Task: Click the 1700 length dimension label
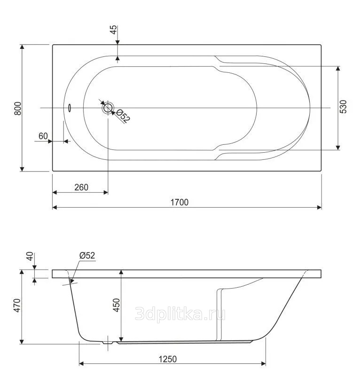180,202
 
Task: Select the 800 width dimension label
18,109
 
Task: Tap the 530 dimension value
343,107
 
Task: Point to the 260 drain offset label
81,187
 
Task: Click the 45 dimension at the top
114,30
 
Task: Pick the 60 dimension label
43,136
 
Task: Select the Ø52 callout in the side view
87,255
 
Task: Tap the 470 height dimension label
17,305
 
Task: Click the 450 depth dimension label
117,305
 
